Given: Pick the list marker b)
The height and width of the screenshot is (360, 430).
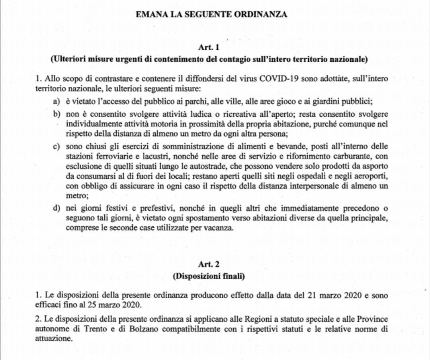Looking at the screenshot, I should pos(56,114).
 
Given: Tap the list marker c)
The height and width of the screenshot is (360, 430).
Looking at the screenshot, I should pos(56,147).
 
